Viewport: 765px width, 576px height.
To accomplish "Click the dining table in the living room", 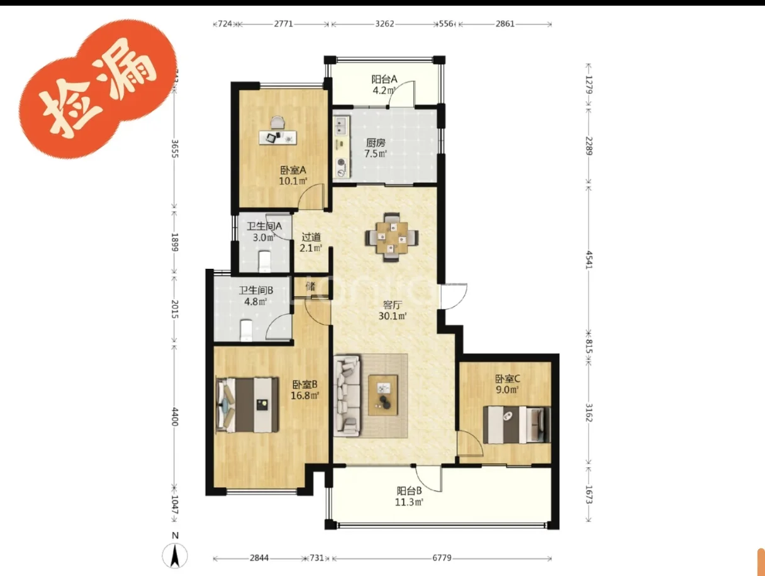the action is [x=392, y=237].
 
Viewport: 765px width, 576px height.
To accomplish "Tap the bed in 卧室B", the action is [x=247, y=405].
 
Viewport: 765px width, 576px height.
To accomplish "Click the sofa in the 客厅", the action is [x=347, y=395].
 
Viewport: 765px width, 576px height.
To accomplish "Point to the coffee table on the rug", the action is [x=383, y=395].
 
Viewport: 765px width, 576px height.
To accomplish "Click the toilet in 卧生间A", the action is [x=265, y=262].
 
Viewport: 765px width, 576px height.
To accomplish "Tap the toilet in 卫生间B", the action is [x=247, y=330].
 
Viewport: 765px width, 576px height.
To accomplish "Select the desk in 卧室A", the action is [x=278, y=137].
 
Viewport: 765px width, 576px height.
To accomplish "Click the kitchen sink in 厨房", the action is [x=341, y=126].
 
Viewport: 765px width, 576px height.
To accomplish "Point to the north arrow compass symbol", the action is [x=175, y=556].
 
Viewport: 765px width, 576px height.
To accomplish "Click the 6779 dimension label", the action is [x=442, y=558].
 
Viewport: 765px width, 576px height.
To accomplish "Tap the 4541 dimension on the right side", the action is [x=589, y=260].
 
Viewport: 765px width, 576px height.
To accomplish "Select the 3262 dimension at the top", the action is [x=384, y=24].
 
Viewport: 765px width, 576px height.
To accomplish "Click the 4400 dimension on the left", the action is [x=175, y=417].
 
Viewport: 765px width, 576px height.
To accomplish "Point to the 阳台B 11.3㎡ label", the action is [x=409, y=497].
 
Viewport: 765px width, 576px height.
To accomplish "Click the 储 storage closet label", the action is [x=311, y=286].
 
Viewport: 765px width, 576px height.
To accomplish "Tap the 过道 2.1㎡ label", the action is [x=311, y=242].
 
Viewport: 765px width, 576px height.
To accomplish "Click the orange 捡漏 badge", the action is [x=98, y=89].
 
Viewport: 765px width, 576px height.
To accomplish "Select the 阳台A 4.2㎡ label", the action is [x=384, y=85].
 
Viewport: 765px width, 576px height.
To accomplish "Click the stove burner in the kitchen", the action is [x=341, y=162].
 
